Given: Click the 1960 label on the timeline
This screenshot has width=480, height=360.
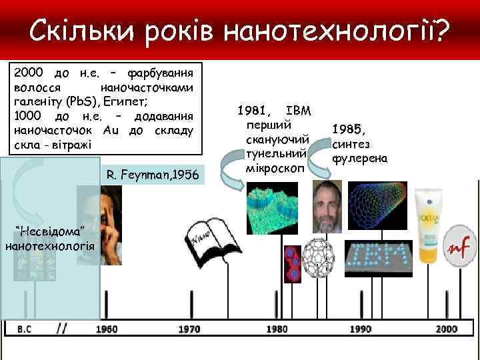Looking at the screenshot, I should coord(107,329).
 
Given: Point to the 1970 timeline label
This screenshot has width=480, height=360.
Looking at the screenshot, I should coord(189,329).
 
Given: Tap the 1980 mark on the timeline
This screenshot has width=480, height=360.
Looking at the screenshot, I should coord(277,329).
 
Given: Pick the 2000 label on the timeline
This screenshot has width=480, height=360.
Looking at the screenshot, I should coord(447,329).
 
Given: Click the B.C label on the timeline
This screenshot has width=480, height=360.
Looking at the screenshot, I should coord(24,329).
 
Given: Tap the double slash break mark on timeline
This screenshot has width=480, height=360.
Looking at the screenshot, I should coord(62,328).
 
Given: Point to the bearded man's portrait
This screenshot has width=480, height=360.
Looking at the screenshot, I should coord(327,206).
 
